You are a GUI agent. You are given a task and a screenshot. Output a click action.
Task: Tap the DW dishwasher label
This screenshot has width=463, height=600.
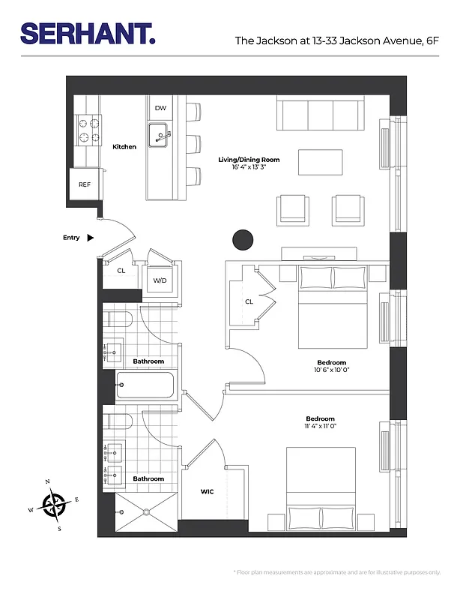click(160, 108)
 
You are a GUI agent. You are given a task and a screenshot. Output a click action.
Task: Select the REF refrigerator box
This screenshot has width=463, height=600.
click(85, 184)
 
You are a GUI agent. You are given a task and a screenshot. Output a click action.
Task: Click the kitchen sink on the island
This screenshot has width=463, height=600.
click(159, 136)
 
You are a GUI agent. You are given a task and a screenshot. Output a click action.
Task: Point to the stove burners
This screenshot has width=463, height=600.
click(88, 129)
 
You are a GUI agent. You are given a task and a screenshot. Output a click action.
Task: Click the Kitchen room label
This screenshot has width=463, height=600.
click(124, 147)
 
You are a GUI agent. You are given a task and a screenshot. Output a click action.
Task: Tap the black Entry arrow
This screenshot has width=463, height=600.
click(91, 238)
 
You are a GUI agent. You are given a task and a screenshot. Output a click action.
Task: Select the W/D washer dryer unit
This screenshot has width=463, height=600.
click(160, 280)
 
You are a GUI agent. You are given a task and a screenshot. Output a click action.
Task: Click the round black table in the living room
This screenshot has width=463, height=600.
click(242, 240)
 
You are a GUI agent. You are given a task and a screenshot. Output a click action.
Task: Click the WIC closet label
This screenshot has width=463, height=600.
click(208, 492)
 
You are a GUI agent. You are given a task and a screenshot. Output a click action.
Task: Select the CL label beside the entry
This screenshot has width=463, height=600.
click(121, 271)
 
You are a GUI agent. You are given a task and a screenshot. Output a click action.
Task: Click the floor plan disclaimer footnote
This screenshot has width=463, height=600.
click(338, 572)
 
